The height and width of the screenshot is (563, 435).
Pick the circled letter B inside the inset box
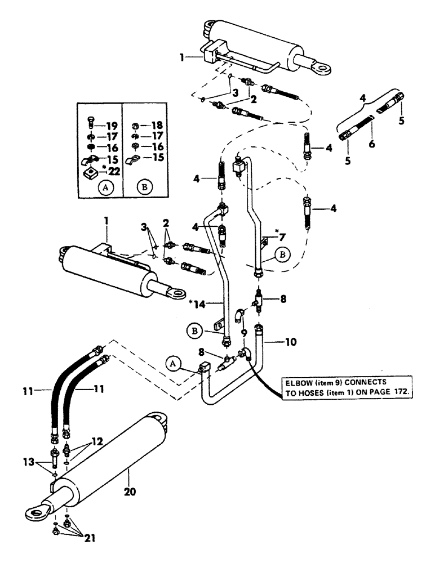[x=145, y=189]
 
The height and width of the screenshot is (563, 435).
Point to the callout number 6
[x=373, y=144]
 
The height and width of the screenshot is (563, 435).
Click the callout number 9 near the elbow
[x=243, y=333]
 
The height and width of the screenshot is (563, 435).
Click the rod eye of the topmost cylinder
[x=326, y=69]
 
